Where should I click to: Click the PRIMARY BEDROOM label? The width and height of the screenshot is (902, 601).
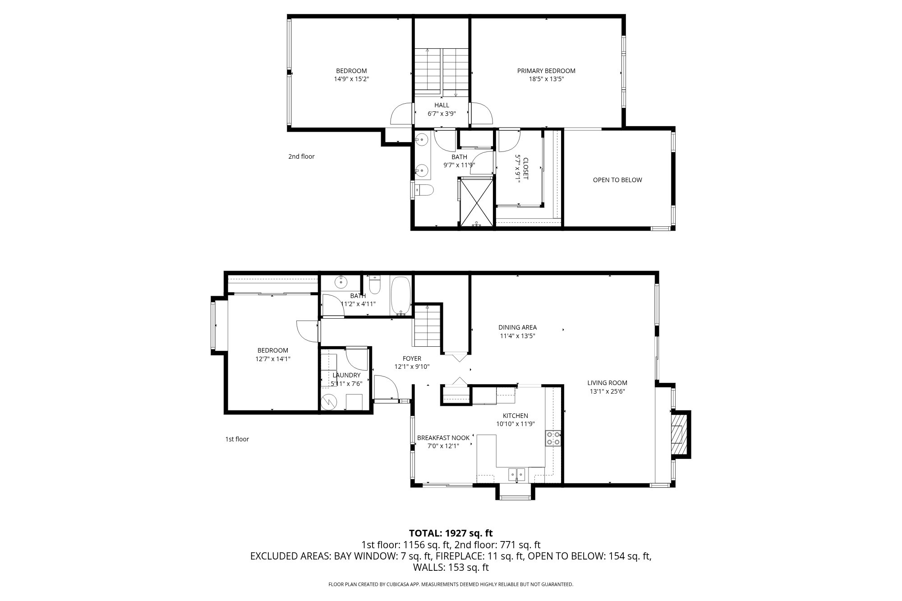pyautogui.click(x=546, y=71)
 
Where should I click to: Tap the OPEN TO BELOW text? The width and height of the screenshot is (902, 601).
pyautogui.click(x=617, y=180)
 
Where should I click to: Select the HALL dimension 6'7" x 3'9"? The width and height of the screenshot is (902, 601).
pyautogui.click(x=442, y=114)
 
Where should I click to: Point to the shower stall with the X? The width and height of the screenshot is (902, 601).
pyautogui.click(x=477, y=202)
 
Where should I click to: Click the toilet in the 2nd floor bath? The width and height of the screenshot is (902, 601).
pyautogui.click(x=423, y=191)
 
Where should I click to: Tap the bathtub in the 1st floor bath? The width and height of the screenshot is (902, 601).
pyautogui.click(x=400, y=296)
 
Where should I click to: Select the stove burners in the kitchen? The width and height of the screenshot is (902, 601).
pyautogui.click(x=553, y=439)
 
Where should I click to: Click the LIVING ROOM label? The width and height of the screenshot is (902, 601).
pyautogui.click(x=607, y=383)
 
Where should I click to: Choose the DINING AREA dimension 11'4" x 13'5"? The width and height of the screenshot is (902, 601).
pyautogui.click(x=517, y=336)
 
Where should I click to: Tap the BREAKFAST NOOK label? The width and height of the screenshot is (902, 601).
pyautogui.click(x=443, y=438)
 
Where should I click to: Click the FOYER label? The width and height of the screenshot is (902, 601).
pyautogui.click(x=412, y=359)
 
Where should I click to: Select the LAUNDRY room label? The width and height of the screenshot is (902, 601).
pyautogui.click(x=346, y=375)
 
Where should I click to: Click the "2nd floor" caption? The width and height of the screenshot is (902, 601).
pyautogui.click(x=301, y=156)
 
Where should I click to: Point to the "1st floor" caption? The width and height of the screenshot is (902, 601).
pyautogui.click(x=237, y=439)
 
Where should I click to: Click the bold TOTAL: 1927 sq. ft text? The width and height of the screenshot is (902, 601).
pyautogui.click(x=451, y=533)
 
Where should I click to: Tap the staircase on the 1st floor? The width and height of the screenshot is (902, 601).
pyautogui.click(x=427, y=326)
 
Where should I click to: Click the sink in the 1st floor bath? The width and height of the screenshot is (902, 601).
pyautogui.click(x=341, y=283)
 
